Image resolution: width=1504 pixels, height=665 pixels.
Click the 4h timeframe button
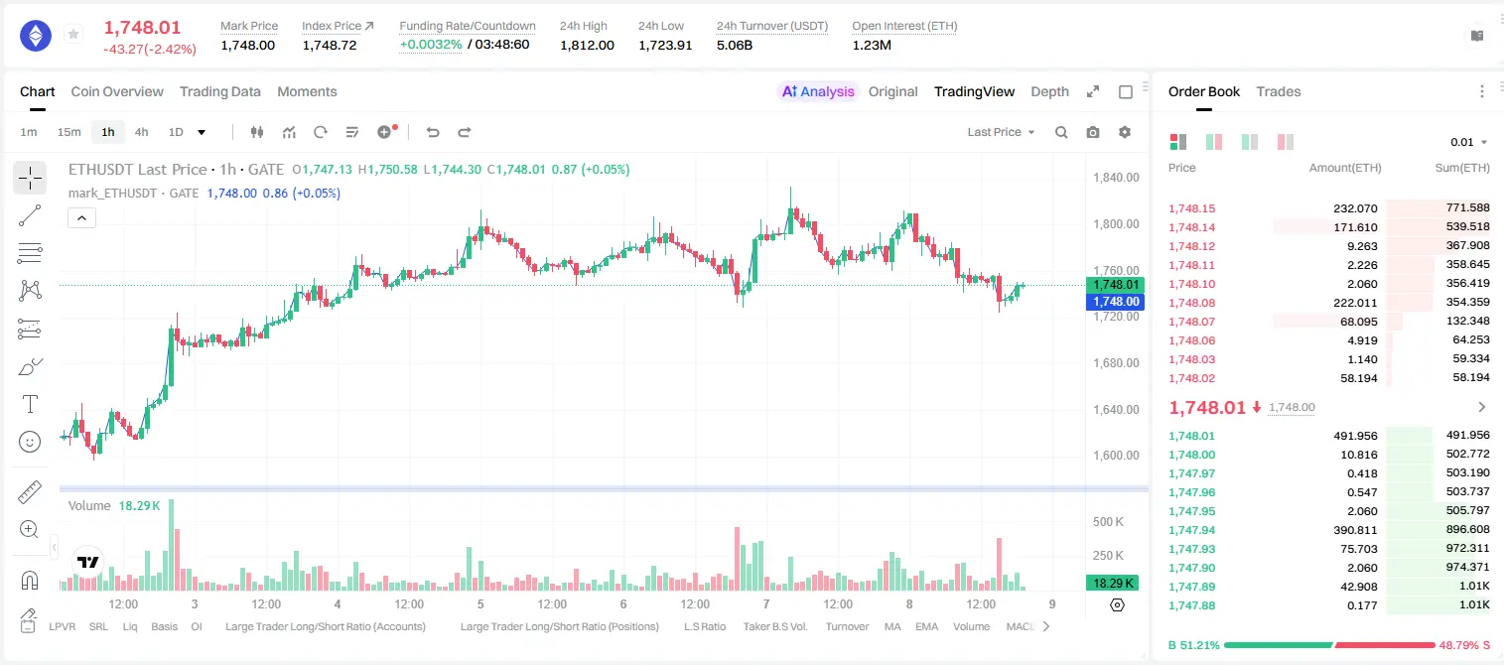[141, 132]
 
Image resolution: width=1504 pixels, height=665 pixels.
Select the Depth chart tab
[1049, 91]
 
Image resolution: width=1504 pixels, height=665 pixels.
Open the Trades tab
[1279, 91]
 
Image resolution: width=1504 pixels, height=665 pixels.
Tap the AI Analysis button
[818, 91]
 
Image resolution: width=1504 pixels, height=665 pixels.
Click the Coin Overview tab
[117, 91]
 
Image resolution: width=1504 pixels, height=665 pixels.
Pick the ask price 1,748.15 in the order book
[1192, 208]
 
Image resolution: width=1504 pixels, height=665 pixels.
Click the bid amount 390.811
[1355, 530]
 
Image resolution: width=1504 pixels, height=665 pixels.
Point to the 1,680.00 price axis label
[1116, 363]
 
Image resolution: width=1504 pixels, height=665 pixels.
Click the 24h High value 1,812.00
[587, 45]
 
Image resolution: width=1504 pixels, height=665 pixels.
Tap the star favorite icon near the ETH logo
[73, 34]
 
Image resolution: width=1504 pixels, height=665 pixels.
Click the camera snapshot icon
[1093, 132]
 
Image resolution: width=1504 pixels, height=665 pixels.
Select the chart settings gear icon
[1125, 132]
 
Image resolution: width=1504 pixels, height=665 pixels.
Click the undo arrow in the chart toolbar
[433, 132]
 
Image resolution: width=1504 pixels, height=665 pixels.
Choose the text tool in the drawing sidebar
[30, 404]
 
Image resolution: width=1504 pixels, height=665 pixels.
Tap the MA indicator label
[892, 626]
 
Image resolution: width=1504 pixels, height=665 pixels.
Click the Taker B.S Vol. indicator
[774, 626]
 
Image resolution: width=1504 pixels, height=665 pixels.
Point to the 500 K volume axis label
[1108, 522]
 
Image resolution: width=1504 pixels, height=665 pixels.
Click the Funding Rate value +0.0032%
[431, 45]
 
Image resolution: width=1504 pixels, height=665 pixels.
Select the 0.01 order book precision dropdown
[1468, 142]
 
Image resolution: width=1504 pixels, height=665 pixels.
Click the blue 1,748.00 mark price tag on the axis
[1115, 302]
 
